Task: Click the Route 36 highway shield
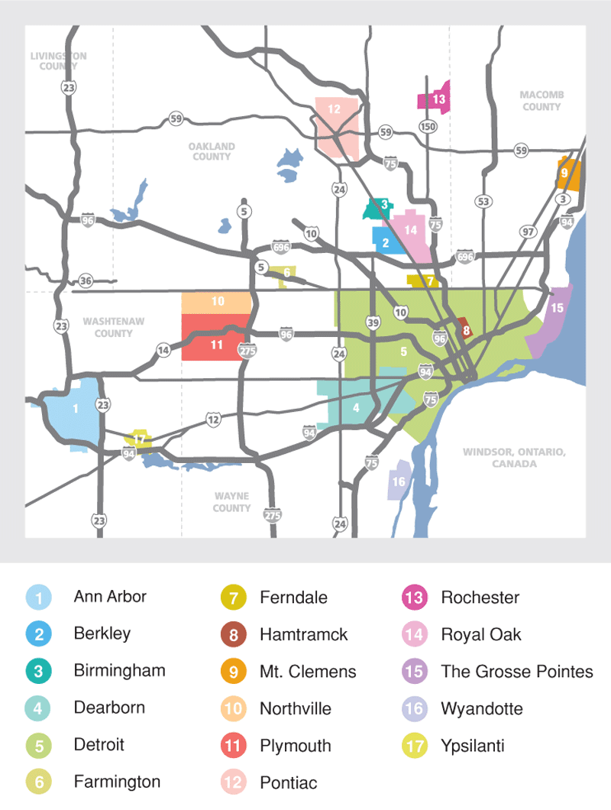coord(86,281)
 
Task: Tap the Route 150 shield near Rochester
coord(426,126)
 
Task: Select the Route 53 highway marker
coord(483,202)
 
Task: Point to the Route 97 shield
coord(528,232)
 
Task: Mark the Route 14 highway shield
coord(163,350)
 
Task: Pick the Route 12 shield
coord(213,419)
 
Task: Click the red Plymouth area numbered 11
coord(215,345)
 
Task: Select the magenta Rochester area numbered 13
coord(434,99)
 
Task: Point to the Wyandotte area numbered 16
coord(399,482)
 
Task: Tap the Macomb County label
coord(541,101)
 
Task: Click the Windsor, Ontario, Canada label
coord(514,458)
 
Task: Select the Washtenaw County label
coord(114,328)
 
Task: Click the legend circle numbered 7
coord(234,598)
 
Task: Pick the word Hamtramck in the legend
coord(303,634)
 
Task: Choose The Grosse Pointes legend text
coord(516,672)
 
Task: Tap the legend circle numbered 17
coord(415,746)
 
